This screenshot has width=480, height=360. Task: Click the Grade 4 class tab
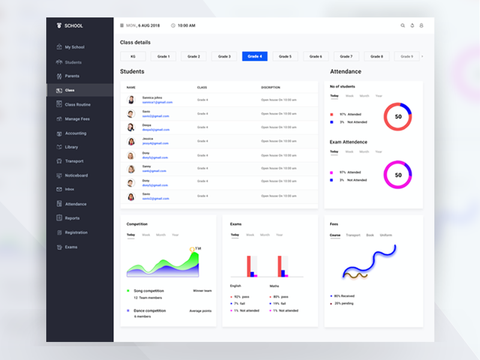[254, 56]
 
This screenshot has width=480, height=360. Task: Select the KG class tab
[133, 56]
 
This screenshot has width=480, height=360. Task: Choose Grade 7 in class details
[346, 56]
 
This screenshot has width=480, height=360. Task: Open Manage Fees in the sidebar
[77, 119]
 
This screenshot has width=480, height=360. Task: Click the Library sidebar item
[71, 147]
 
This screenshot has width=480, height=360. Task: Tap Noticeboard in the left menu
[76, 175]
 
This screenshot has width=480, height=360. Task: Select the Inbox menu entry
[70, 190]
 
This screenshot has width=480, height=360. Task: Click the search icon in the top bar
[403, 26]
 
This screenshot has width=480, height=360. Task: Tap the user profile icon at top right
[421, 26]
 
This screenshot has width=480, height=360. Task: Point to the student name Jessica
[148, 139]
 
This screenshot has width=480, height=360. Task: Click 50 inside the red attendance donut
[398, 116]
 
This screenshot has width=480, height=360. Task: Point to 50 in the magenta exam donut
[398, 175]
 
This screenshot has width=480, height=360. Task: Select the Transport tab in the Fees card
[353, 235]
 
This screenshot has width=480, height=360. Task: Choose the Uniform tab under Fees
[386, 235]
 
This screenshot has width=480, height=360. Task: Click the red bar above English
[248, 266]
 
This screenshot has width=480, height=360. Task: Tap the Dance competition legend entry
[149, 311]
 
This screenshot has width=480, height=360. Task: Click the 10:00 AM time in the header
[187, 26]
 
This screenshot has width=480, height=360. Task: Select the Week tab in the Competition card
[146, 235]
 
